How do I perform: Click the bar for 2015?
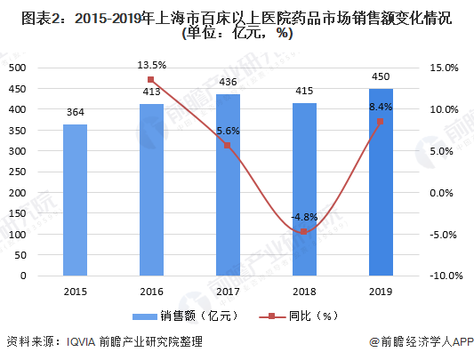[x=75, y=200]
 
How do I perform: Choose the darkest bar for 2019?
[x=381, y=182]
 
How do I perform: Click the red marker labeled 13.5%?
[x=151, y=80]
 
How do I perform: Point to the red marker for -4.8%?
[x=304, y=232]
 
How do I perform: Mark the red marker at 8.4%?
[x=381, y=122]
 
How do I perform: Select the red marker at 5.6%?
[x=228, y=146]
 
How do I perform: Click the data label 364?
[x=75, y=112]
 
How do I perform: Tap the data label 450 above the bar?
[x=381, y=76]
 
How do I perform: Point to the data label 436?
[x=228, y=82]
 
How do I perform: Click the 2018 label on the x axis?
[x=304, y=291]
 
